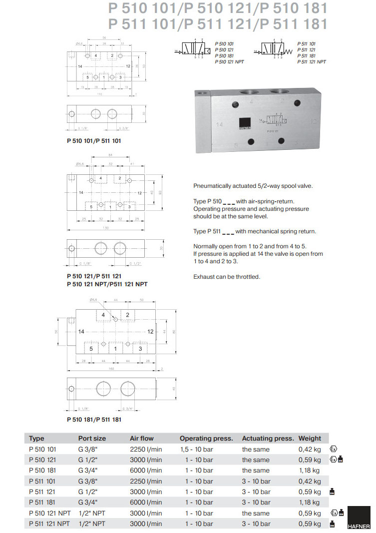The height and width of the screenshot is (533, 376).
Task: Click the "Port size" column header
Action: (x=92, y=439)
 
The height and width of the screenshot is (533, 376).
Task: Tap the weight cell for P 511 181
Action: (x=310, y=503)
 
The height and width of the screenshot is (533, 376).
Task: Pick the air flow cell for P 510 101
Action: (x=146, y=450)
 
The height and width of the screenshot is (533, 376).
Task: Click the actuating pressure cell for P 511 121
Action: (x=256, y=492)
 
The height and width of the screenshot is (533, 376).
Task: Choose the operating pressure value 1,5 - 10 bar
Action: (x=199, y=450)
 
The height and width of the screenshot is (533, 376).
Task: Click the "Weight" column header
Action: (x=310, y=439)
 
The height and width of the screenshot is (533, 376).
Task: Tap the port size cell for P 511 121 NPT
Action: (x=92, y=524)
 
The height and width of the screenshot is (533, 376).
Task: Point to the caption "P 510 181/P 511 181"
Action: (x=94, y=420)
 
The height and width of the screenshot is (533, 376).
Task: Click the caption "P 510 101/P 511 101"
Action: (x=94, y=141)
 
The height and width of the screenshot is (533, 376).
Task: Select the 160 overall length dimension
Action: (x=111, y=369)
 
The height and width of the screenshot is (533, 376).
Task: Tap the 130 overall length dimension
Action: (x=106, y=228)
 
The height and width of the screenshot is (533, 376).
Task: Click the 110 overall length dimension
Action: (x=100, y=94)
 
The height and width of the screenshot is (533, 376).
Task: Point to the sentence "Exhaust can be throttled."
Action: (x=227, y=277)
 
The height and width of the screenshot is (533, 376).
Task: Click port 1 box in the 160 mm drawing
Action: (x=116, y=349)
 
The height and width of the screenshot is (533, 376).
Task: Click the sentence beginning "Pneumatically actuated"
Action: (x=253, y=186)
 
